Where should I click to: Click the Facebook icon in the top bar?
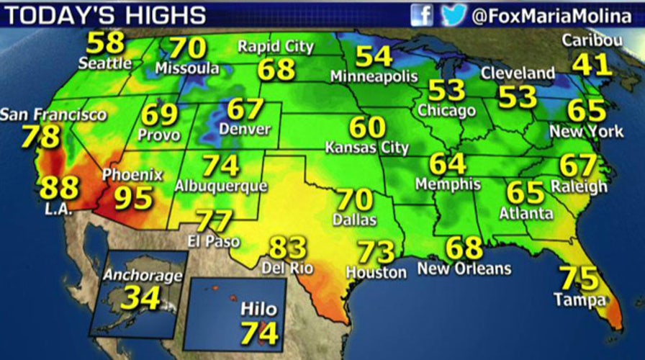coord(423,14)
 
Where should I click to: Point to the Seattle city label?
coord(105,63)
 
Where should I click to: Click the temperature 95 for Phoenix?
coord(134,197)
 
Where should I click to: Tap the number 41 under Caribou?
coord(592,65)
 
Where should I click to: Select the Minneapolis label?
coord(374,76)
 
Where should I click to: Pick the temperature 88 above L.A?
coord(59,188)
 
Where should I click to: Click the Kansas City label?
coord(367,148)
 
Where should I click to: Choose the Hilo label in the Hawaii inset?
coord(258,310)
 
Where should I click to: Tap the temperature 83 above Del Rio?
coord(288,248)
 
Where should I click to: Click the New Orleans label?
coord(464,269)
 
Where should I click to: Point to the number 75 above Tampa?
coord(579,278)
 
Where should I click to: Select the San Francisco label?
coord(53,114)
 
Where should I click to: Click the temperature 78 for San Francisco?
coord(40,137)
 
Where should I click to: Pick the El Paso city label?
coord(214,241)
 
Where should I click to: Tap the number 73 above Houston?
coord(376,252)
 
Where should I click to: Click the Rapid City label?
coord(276,48)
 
